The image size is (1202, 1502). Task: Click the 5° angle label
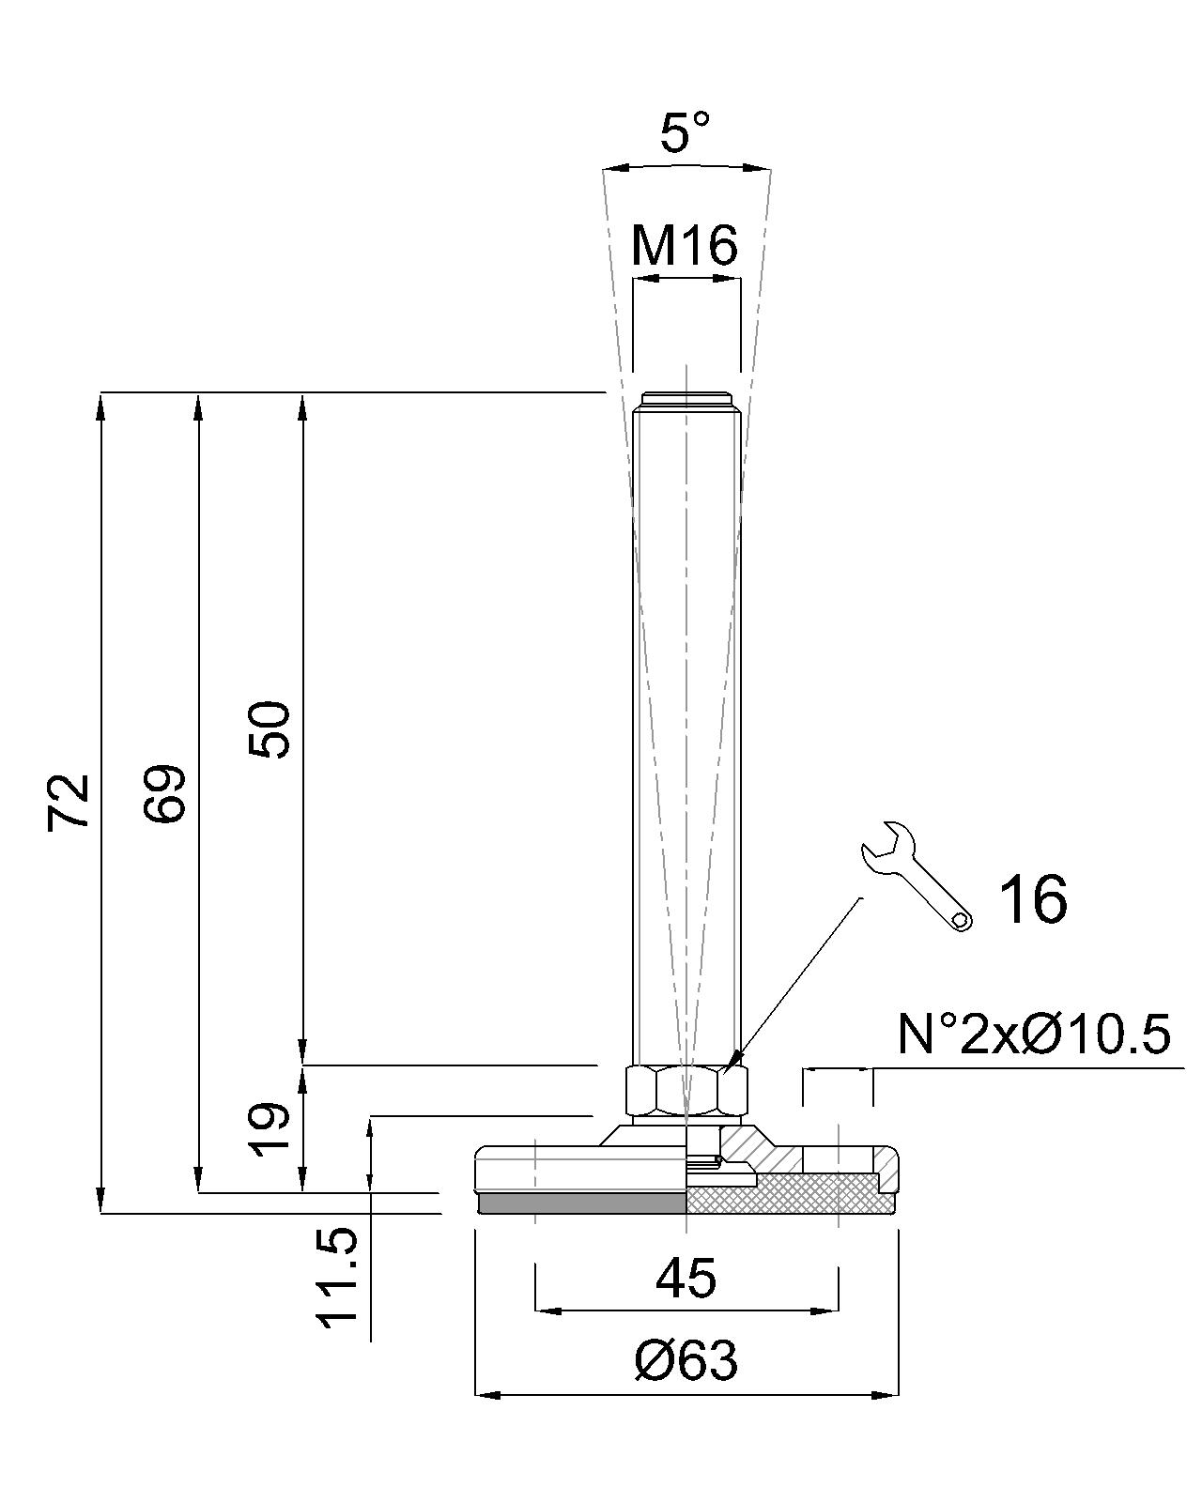coord(685,131)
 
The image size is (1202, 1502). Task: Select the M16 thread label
coord(685,246)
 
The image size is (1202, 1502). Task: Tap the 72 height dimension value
coord(69,802)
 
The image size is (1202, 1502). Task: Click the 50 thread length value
coord(269,730)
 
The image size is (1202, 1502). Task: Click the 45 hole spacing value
coord(686,1279)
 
